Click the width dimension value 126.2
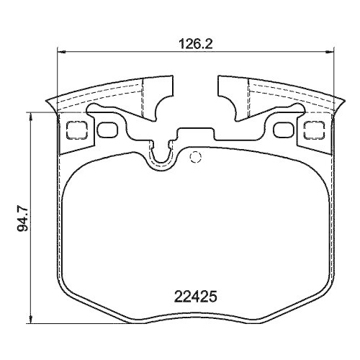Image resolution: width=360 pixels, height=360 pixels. tap(194, 42)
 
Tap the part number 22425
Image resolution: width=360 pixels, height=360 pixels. tap(195, 295)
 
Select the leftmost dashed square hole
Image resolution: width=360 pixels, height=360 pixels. tap(74, 130)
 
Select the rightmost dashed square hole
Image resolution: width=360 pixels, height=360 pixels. tap(314, 130)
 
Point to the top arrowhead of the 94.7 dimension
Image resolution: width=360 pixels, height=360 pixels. tap(29, 114)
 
